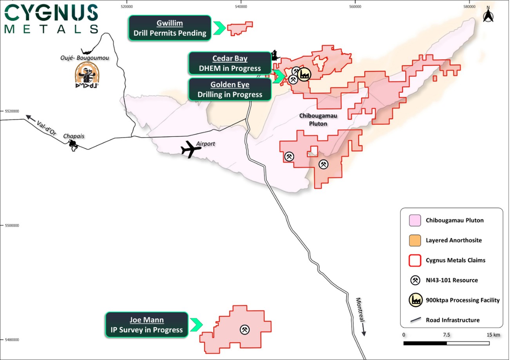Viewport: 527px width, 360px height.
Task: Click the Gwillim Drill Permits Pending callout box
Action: point(170,28)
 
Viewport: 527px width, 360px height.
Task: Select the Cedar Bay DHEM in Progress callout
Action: point(230,63)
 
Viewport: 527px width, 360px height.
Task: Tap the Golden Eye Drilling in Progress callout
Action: point(230,90)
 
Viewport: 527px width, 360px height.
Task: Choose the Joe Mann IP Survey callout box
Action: point(147,325)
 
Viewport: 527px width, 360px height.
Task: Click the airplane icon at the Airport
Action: point(191,149)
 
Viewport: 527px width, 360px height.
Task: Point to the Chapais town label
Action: point(74,136)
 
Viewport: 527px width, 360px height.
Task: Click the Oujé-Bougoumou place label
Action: point(85,58)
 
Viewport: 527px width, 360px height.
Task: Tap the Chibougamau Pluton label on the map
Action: point(318,119)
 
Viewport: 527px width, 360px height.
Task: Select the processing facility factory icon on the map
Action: point(304,74)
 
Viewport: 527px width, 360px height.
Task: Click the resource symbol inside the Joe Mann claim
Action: point(244,329)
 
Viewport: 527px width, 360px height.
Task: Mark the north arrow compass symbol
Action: point(488,16)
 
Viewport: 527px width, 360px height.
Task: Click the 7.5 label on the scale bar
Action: point(446,335)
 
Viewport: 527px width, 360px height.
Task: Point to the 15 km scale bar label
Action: point(493,335)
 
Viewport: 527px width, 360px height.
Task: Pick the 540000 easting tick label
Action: point(241,7)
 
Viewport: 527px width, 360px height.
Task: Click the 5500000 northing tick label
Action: point(12,226)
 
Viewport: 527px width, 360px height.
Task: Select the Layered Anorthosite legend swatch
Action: point(415,240)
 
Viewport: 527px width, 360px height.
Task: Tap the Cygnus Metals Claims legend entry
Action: point(455,260)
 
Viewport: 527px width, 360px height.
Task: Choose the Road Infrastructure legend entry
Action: point(453,320)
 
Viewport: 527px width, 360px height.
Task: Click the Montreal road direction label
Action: point(360,310)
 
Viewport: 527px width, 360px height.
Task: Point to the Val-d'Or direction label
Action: point(46,128)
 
